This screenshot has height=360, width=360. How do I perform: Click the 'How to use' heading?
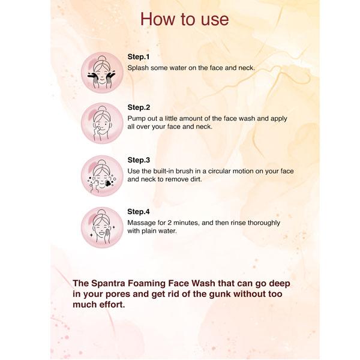184,19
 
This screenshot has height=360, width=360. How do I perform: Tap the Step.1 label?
139,56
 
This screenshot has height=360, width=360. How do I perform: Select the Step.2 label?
139,107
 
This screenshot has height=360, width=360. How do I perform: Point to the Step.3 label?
139,160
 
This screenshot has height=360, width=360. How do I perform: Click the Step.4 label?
139,212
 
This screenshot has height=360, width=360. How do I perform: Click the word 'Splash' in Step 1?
139,68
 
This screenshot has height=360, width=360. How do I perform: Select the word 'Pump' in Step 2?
137,119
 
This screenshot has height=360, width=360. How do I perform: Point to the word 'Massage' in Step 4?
143,223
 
